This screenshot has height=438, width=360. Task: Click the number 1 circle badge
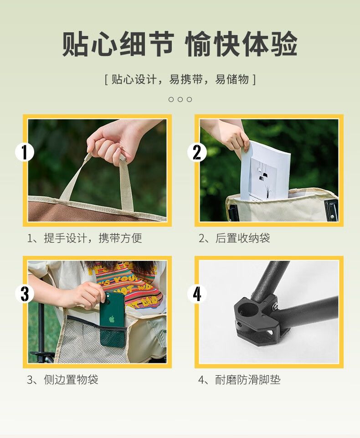pos(25,153)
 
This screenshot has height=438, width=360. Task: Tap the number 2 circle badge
pos(197,153)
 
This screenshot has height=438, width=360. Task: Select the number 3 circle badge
pos(25,294)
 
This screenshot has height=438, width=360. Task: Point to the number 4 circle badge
pos(197,294)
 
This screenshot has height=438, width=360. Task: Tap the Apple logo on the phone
pos(112,319)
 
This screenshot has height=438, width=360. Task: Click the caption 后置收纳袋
pos(242,238)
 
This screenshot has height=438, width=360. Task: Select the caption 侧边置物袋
pos(71,380)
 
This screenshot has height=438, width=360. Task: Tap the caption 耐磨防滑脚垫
pos(247,380)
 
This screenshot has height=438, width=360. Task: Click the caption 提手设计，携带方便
pos(93,238)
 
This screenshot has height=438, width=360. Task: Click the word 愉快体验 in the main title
pos(241,44)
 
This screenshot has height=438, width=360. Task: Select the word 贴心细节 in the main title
pos(118,44)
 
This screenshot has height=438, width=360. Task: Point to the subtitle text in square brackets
pos(180,79)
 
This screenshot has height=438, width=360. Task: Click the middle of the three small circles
pos(180,99)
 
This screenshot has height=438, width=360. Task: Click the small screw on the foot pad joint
pos(275,307)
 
